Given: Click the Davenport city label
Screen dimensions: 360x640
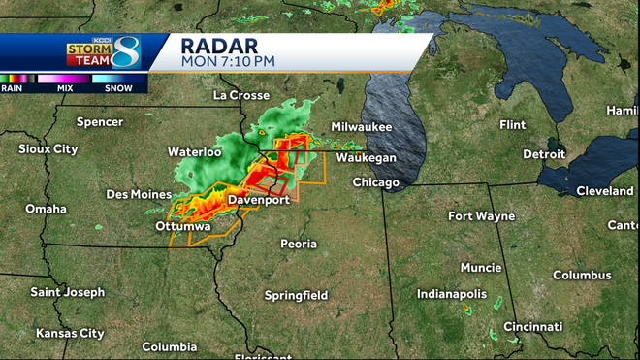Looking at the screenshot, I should coord(259,200).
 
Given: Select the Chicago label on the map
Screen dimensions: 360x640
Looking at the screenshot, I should coord(376,182).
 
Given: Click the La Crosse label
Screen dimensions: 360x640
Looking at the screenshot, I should coord(240,95).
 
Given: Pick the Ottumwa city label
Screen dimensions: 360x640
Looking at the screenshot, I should coord(156,226).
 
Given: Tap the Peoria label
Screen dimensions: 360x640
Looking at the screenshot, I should coord(299,244).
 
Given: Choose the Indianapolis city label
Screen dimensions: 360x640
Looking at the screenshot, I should coord(453,293).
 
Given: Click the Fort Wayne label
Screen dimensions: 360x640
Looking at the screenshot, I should coord(481,215).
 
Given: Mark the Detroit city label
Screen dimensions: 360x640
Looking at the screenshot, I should coord(543,154).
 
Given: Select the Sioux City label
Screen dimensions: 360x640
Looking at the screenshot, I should coord(48,149).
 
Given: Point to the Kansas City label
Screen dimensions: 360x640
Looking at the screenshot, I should coord(70,333).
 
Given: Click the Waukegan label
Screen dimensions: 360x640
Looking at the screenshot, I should coord(367,157).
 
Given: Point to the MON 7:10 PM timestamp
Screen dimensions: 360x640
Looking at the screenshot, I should coord(228,60).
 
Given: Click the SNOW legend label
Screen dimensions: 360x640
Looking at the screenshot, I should coord(119,87).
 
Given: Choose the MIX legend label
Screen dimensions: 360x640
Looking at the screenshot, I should coord(66,87).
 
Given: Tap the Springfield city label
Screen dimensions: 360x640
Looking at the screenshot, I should coord(296,295).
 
